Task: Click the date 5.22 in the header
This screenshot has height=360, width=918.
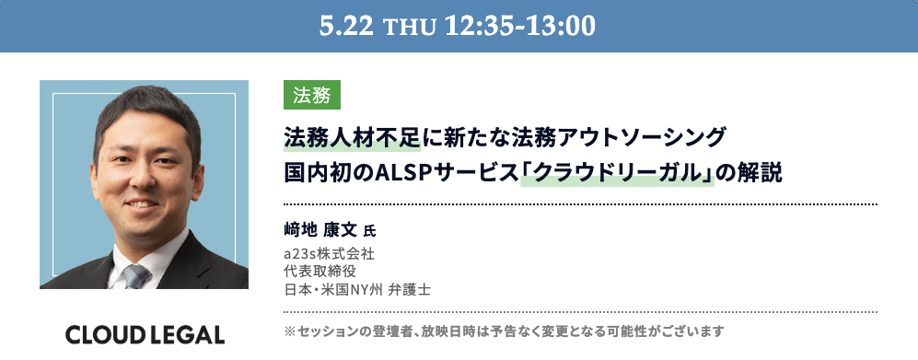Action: (x=346, y=26)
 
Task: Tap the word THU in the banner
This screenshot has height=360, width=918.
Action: (x=409, y=28)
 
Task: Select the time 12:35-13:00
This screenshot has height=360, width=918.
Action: (x=520, y=26)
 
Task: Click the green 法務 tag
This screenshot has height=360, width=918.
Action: (x=312, y=95)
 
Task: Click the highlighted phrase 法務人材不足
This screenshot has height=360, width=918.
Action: (x=353, y=138)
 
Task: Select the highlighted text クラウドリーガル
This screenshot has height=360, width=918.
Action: (x=618, y=174)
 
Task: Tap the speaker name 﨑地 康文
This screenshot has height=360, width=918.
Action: (x=320, y=230)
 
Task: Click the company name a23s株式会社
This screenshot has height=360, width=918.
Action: (x=329, y=254)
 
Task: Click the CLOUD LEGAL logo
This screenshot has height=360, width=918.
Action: (x=145, y=334)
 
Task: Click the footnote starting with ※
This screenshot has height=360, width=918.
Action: (x=504, y=331)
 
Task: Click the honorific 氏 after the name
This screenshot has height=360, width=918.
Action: (x=369, y=232)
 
